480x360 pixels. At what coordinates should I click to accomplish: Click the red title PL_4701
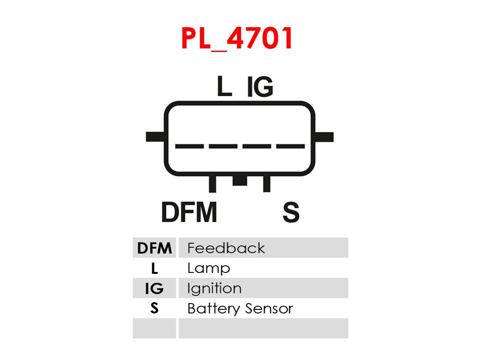[236, 38]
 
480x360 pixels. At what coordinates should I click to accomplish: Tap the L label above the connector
[224, 86]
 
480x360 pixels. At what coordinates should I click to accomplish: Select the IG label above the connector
[260, 87]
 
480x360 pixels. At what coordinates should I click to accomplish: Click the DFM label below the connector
[189, 212]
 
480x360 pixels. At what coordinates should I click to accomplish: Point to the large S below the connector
[291, 212]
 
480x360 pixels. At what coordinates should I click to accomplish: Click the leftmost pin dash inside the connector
[189, 146]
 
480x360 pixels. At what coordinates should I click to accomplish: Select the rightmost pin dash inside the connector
[291, 146]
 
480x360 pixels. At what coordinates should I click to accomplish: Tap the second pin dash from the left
[223, 146]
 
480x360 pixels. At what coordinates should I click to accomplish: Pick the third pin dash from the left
[257, 146]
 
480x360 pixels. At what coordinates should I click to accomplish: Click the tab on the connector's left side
[156, 137]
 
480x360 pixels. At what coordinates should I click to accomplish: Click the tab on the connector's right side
[324, 137]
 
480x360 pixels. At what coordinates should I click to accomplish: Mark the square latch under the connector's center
[240, 180]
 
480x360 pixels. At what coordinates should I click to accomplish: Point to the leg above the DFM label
[212, 184]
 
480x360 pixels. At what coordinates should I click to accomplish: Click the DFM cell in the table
[154, 248]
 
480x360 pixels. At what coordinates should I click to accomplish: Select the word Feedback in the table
[226, 248]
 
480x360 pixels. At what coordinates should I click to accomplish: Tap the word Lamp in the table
[208, 268]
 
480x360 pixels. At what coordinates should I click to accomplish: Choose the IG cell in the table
[154, 288]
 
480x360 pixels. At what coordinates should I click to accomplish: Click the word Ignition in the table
[214, 289]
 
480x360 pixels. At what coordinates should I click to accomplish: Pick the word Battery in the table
[213, 308]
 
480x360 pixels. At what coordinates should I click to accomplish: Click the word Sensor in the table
[269, 308]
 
